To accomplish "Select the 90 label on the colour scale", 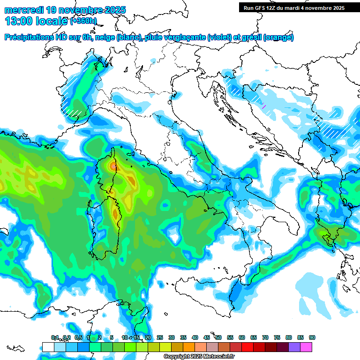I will tap(312, 337).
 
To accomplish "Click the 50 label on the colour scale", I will tap(218, 337).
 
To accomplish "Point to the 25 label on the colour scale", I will tap(160, 337).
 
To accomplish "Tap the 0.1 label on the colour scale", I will tap(55, 337).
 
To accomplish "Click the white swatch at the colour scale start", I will tap(48, 347).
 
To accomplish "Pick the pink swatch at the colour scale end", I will tap(306, 347).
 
